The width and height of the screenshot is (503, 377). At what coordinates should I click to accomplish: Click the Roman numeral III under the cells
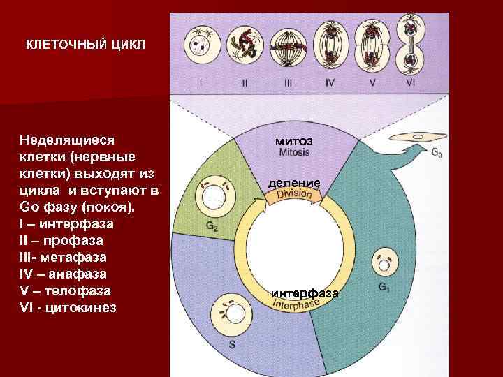coord(287,82)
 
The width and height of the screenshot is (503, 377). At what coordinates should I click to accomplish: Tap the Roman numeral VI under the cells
coord(410,82)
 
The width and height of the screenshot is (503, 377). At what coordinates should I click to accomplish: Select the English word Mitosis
coord(294,151)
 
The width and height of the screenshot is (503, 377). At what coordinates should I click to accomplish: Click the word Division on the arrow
coord(294,194)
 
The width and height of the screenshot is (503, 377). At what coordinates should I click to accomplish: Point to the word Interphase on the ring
coord(294,304)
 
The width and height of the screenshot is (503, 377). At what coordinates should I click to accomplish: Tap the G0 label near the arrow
coord(436,152)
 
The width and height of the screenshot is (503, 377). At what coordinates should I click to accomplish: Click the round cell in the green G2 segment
coord(212,198)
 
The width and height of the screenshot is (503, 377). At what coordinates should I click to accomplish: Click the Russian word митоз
coord(293,141)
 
